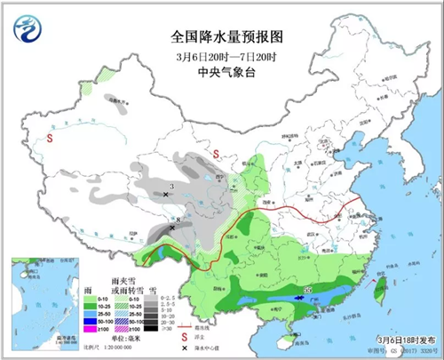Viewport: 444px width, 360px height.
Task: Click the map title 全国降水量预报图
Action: pyautogui.click(x=222, y=36)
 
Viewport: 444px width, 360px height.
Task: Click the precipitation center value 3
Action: pyautogui.click(x=169, y=186)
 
